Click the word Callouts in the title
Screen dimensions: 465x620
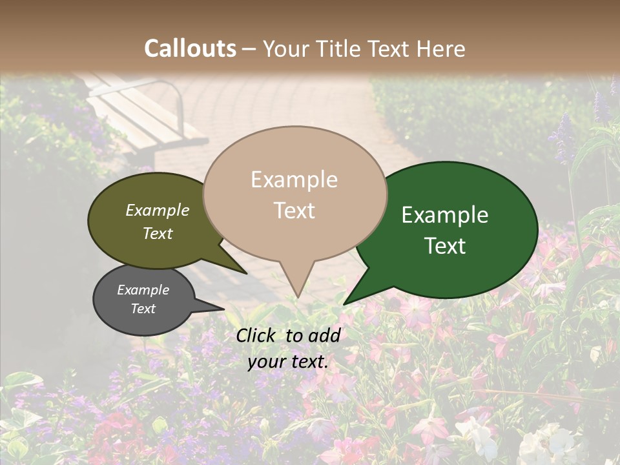click(x=190, y=48)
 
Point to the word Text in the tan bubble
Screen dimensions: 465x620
click(x=294, y=210)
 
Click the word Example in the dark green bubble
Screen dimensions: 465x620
click(x=445, y=214)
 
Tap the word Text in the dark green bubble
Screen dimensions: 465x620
click(x=445, y=245)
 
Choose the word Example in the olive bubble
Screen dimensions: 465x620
click(x=157, y=210)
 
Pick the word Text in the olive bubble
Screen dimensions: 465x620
click(x=157, y=233)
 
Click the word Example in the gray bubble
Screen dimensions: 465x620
click(x=143, y=290)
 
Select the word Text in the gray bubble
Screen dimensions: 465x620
click(x=143, y=309)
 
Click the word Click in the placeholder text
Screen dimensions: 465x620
click(x=258, y=335)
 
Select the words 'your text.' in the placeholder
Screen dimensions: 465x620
click(x=287, y=362)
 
